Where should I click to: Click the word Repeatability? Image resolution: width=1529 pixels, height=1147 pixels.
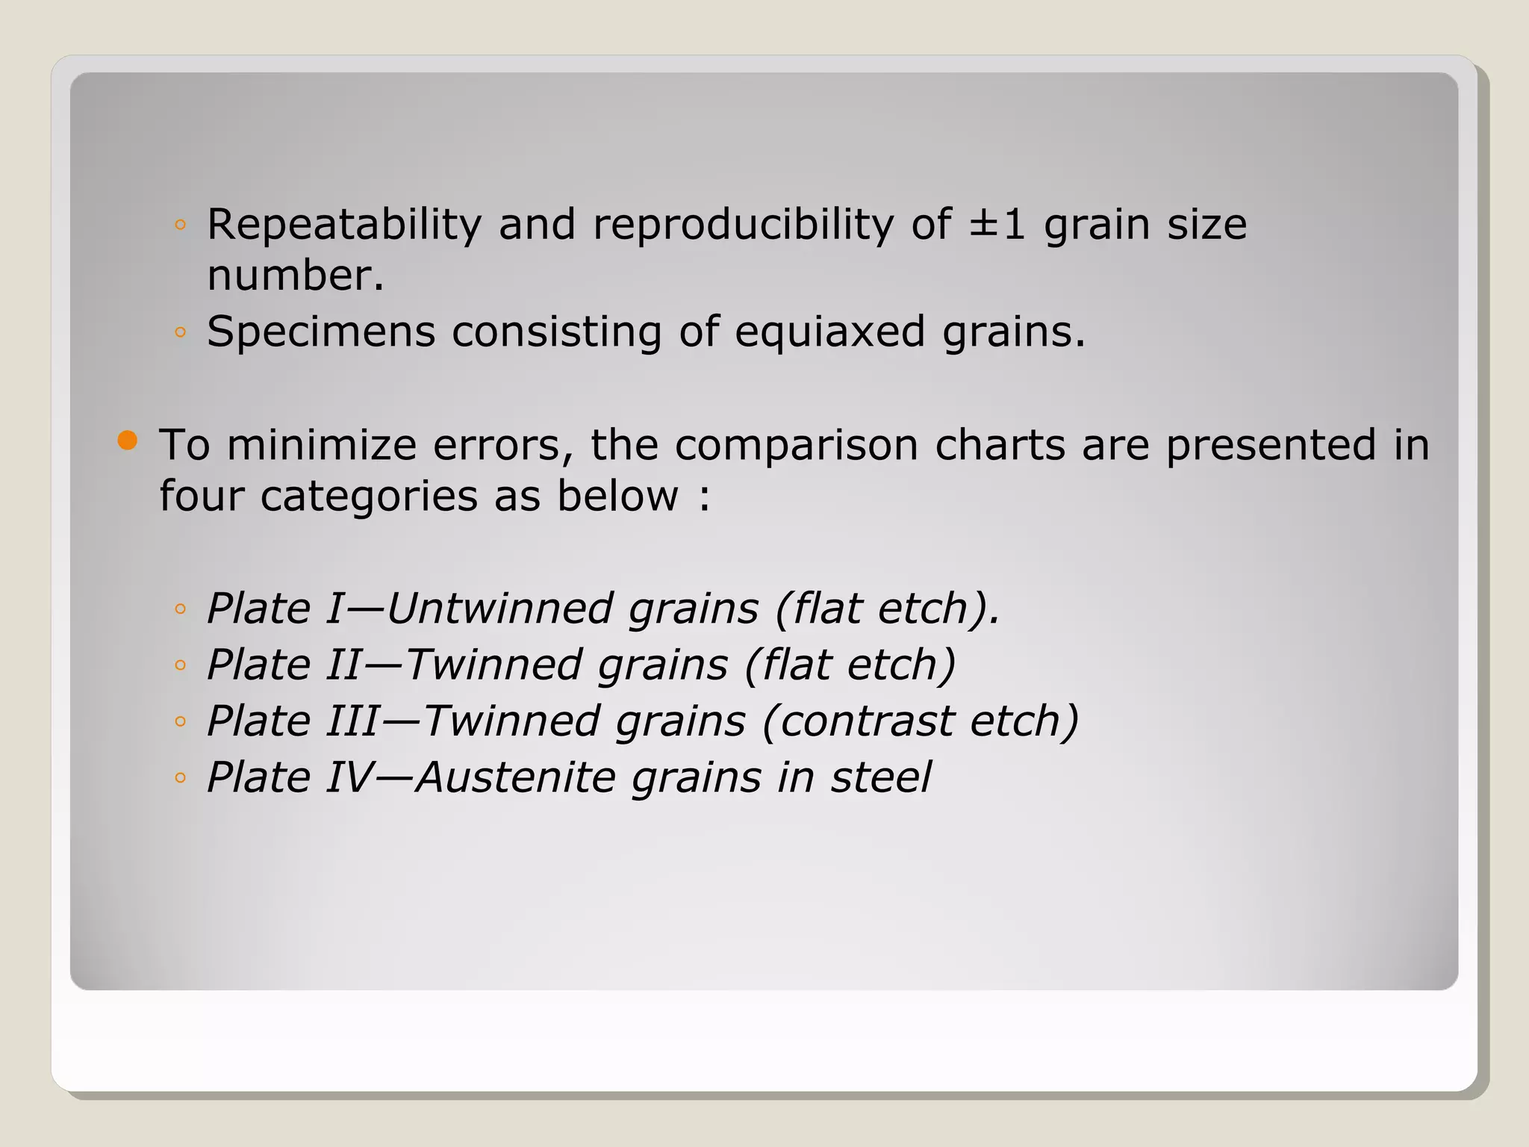[x=344, y=225]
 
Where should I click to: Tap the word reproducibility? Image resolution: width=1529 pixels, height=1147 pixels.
[x=743, y=225]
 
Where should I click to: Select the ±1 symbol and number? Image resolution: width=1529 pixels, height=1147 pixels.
[x=997, y=225]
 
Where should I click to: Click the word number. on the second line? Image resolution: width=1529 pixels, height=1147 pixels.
[x=296, y=276]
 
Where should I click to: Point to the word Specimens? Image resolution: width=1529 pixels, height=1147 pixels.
[x=321, y=332]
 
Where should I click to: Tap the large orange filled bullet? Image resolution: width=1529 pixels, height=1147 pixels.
[x=128, y=441]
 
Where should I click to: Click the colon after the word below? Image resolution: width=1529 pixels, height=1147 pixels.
[x=705, y=497]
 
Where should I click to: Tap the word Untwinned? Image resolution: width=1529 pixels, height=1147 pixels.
[x=499, y=609]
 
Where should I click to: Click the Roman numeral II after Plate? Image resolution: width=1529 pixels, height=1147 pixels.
[x=344, y=665]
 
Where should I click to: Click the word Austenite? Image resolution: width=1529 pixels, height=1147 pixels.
[x=515, y=777]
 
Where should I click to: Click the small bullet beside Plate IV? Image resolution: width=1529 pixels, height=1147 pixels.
[x=180, y=778]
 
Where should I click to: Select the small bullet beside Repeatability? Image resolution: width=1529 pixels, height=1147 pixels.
[x=180, y=225]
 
